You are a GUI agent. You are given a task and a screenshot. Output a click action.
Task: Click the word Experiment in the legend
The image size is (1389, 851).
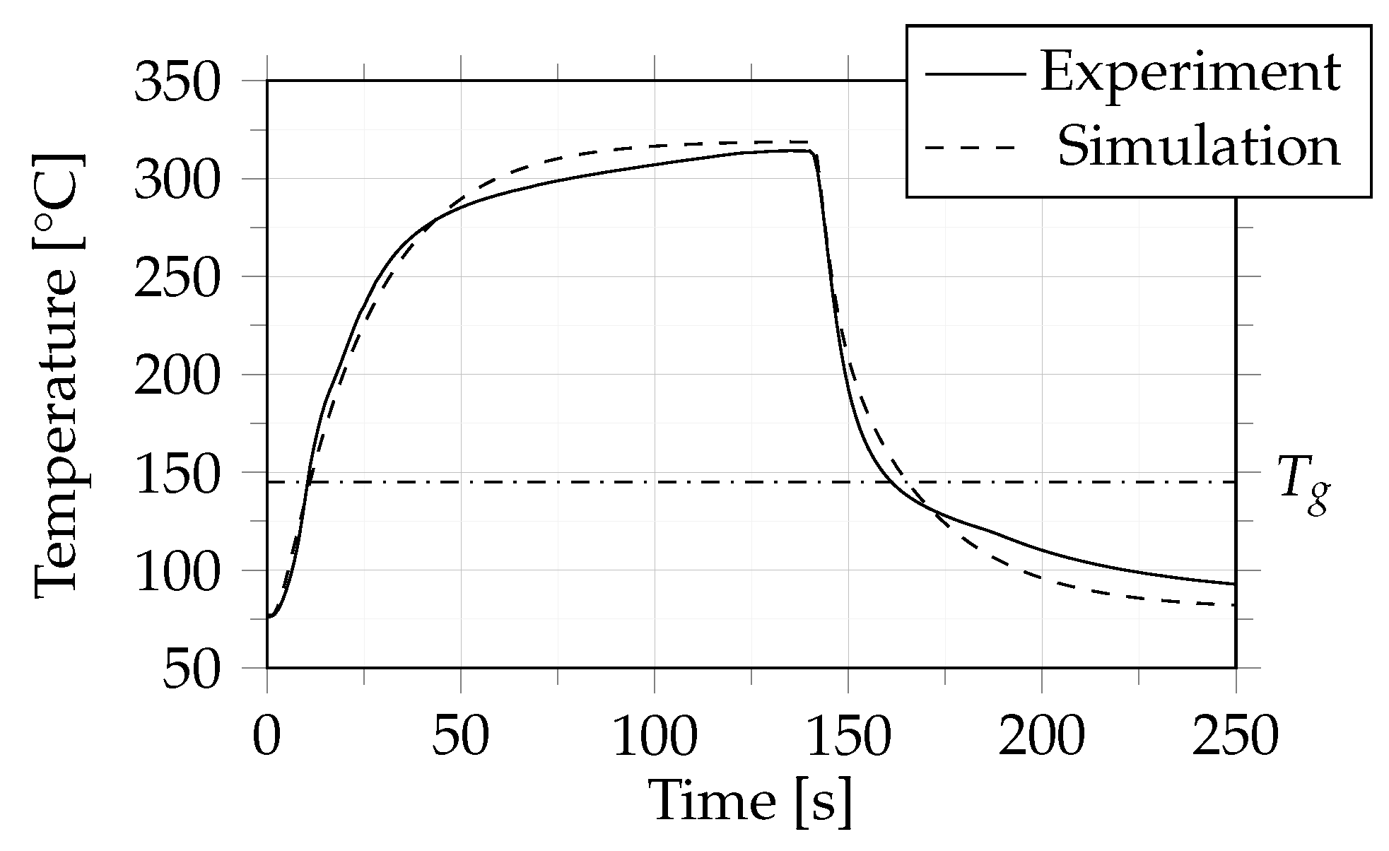(1190, 74)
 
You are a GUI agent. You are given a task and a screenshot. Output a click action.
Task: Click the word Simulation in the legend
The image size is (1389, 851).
(1198, 147)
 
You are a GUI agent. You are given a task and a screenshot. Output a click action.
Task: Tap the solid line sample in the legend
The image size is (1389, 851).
(974, 74)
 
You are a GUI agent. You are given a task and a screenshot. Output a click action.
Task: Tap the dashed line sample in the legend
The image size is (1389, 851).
(974, 147)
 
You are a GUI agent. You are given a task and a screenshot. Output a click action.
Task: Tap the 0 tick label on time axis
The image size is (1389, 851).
(266, 737)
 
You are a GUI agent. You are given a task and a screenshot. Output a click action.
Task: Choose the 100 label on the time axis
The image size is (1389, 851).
(654, 737)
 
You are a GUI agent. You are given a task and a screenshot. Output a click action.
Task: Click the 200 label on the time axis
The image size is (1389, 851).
(1041, 737)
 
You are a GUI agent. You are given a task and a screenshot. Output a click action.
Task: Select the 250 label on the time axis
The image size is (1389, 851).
(1235, 737)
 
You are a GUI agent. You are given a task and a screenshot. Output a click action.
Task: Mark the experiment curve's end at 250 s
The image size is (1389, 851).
(1234, 584)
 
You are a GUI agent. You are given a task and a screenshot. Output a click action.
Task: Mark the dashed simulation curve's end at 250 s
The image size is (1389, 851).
(1234, 605)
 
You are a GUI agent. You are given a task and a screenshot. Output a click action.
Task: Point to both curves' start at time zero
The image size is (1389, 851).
(268, 617)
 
